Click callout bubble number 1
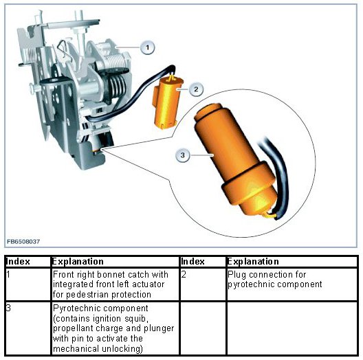[x=147, y=47]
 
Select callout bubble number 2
[x=196, y=89]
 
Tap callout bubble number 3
[x=183, y=155]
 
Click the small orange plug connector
[x=167, y=102]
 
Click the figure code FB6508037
[x=23, y=242]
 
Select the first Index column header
[x=18, y=262]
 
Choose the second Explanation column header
[x=253, y=262]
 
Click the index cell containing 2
[x=203, y=284]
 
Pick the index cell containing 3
[x=27, y=328]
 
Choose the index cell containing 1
[x=27, y=284]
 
